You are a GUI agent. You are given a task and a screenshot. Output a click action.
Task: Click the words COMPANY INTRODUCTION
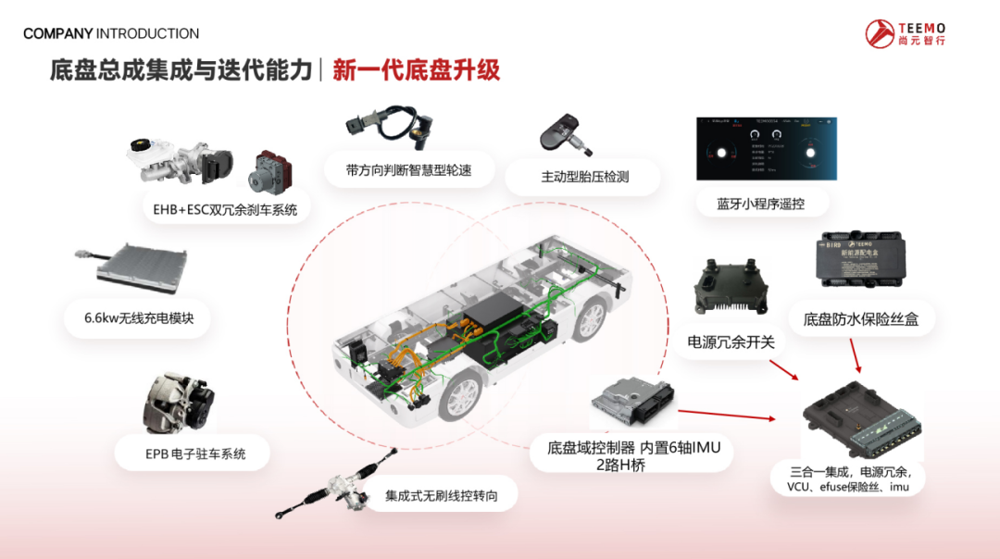point(111,34)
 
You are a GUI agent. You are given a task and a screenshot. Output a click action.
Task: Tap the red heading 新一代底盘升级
point(416,71)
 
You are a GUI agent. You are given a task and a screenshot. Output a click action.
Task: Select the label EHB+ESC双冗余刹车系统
point(225,209)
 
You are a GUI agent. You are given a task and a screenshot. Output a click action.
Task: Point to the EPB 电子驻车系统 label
point(195,453)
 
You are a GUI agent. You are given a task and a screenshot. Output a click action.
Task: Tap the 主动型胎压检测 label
point(584,176)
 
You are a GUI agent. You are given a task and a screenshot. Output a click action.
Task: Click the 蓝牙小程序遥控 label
point(759,205)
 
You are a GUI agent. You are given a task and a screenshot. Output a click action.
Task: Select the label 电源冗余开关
point(731,342)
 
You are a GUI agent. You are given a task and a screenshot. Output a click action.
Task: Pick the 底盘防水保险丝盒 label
point(861,319)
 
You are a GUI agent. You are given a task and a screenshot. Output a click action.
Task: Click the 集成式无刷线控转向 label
point(442,495)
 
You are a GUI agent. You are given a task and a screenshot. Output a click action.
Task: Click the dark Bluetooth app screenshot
point(766,148)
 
